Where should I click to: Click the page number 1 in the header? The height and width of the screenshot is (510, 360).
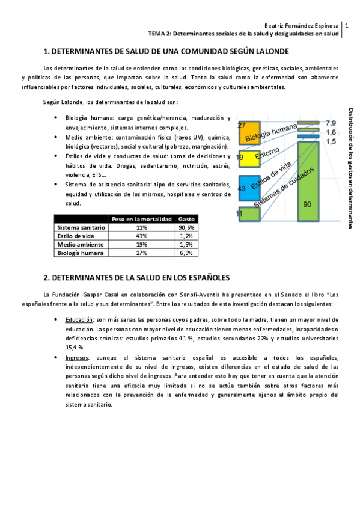[347, 26]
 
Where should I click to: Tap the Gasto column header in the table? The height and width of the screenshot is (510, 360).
[186, 219]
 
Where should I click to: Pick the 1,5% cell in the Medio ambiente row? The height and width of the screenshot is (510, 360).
[186, 245]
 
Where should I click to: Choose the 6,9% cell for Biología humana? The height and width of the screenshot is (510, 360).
[186, 253]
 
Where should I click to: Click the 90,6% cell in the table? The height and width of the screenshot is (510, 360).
[186, 228]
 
